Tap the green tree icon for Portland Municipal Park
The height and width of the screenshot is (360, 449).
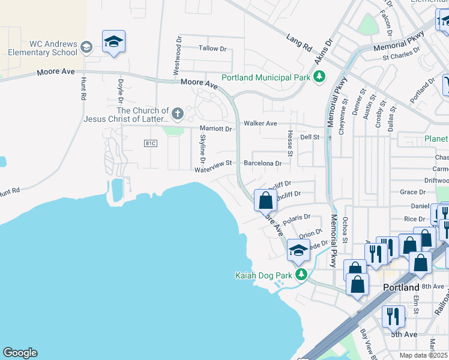[320, 77]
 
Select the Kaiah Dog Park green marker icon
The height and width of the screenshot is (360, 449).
[301, 275]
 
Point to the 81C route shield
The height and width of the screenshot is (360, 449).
[151, 143]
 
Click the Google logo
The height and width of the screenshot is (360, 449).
[20, 353]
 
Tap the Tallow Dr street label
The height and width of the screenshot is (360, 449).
[213, 48]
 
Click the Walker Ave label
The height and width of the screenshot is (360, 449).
[260, 123]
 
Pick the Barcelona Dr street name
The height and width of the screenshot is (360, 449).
[262, 163]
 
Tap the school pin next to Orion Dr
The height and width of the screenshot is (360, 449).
[298, 251]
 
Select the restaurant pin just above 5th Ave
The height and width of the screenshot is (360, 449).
[394, 316]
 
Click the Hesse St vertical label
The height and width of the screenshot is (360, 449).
[289, 144]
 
